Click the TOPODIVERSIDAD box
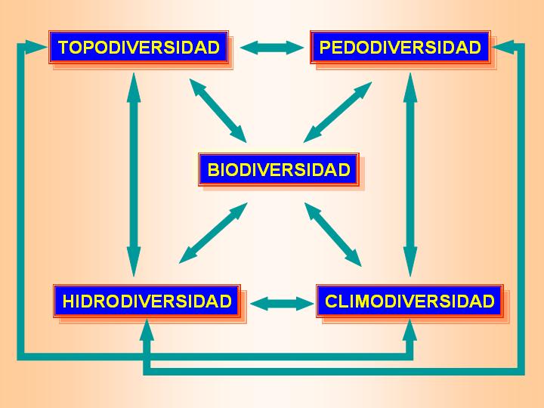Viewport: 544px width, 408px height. pos(139,48)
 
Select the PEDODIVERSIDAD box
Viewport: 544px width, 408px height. pos(400,48)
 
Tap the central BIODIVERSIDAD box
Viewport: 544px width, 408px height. pos(279,169)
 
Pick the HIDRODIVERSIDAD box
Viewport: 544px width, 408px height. pos(147,301)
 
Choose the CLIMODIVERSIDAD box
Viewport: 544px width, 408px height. pos(410,301)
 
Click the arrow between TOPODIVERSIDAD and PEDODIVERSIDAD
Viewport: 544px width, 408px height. pos(272,48)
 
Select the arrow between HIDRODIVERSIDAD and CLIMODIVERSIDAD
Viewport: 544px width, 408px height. pos(281,304)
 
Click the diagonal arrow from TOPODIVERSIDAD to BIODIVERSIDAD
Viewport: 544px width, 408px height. pos(218,110)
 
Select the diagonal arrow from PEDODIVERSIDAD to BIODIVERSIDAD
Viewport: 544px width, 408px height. pos(338,112)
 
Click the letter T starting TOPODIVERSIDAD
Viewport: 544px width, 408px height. pos(63,48)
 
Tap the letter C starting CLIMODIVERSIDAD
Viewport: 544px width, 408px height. pos(331,302)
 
